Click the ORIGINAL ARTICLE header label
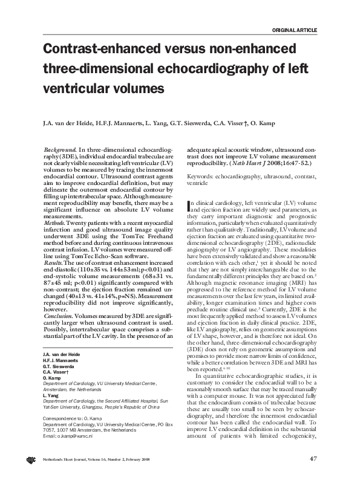pyautogui.click(x=295, y=30)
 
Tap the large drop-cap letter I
pyautogui.click(x=191, y=206)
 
